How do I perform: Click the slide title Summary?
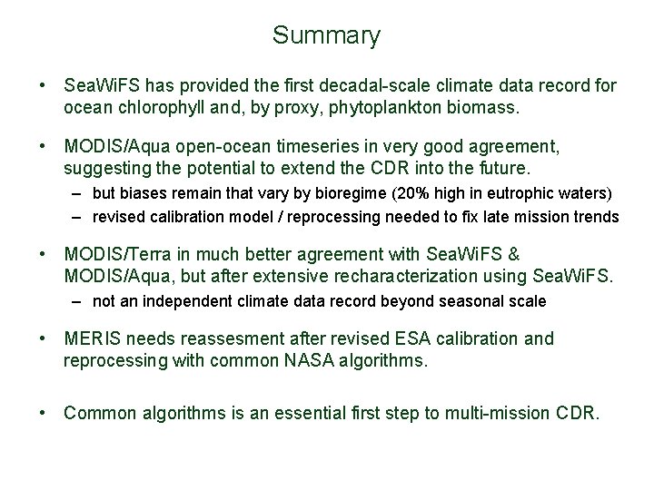(326, 36)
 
